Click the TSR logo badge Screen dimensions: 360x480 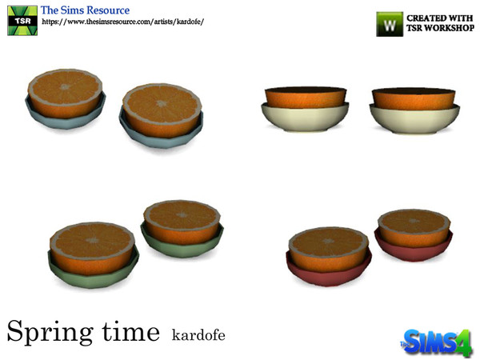click(x=21, y=18)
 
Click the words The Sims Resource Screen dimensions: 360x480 click(x=86, y=9)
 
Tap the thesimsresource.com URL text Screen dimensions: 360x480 click(x=122, y=22)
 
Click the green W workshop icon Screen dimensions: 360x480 click(x=390, y=23)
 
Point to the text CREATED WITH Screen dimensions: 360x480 click(x=438, y=17)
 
